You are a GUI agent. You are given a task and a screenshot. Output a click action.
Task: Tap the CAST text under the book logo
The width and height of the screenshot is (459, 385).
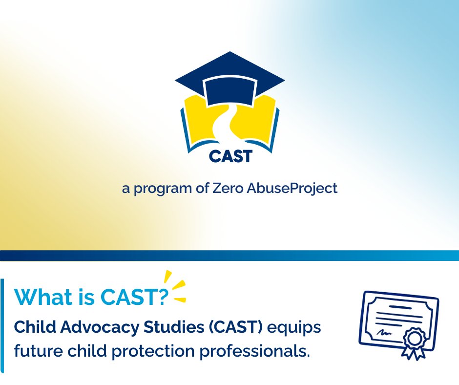pos(230,156)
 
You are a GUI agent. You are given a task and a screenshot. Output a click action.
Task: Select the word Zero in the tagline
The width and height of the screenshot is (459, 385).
pos(228,189)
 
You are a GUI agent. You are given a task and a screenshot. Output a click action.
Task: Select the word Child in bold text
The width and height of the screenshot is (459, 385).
pos(32,328)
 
